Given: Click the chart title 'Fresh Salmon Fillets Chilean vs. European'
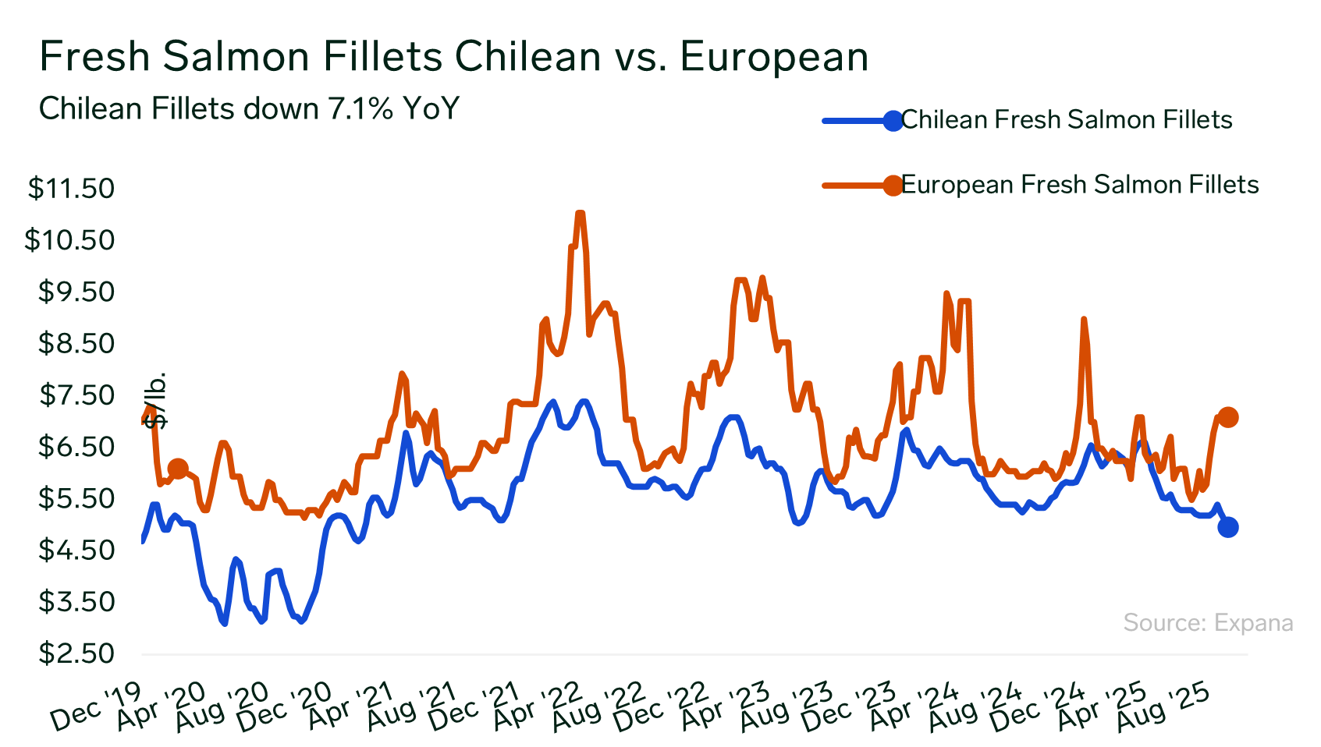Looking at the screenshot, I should pos(453,57).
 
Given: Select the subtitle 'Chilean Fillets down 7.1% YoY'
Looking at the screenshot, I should pos(249,109).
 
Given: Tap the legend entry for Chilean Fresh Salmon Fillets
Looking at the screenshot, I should pos(1066,120).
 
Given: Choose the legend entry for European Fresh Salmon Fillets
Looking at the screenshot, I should pos(1079,185).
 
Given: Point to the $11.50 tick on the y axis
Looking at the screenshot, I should pos(71,189).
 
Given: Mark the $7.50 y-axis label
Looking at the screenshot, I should pos(76,395).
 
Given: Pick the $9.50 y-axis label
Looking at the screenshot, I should pos(76,292).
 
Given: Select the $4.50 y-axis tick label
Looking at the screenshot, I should pos(76,551).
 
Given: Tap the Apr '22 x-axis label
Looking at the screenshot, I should pos(538,706).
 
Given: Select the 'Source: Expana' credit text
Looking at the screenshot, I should pos(1208,623).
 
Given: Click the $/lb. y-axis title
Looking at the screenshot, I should pos(157,400).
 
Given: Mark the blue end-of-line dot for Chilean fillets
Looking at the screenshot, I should pos(1227,527).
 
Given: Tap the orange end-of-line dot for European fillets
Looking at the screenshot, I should pos(1227,417).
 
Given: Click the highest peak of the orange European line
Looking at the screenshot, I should pos(580,213).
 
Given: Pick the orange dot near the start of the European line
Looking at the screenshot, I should pos(178,469).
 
